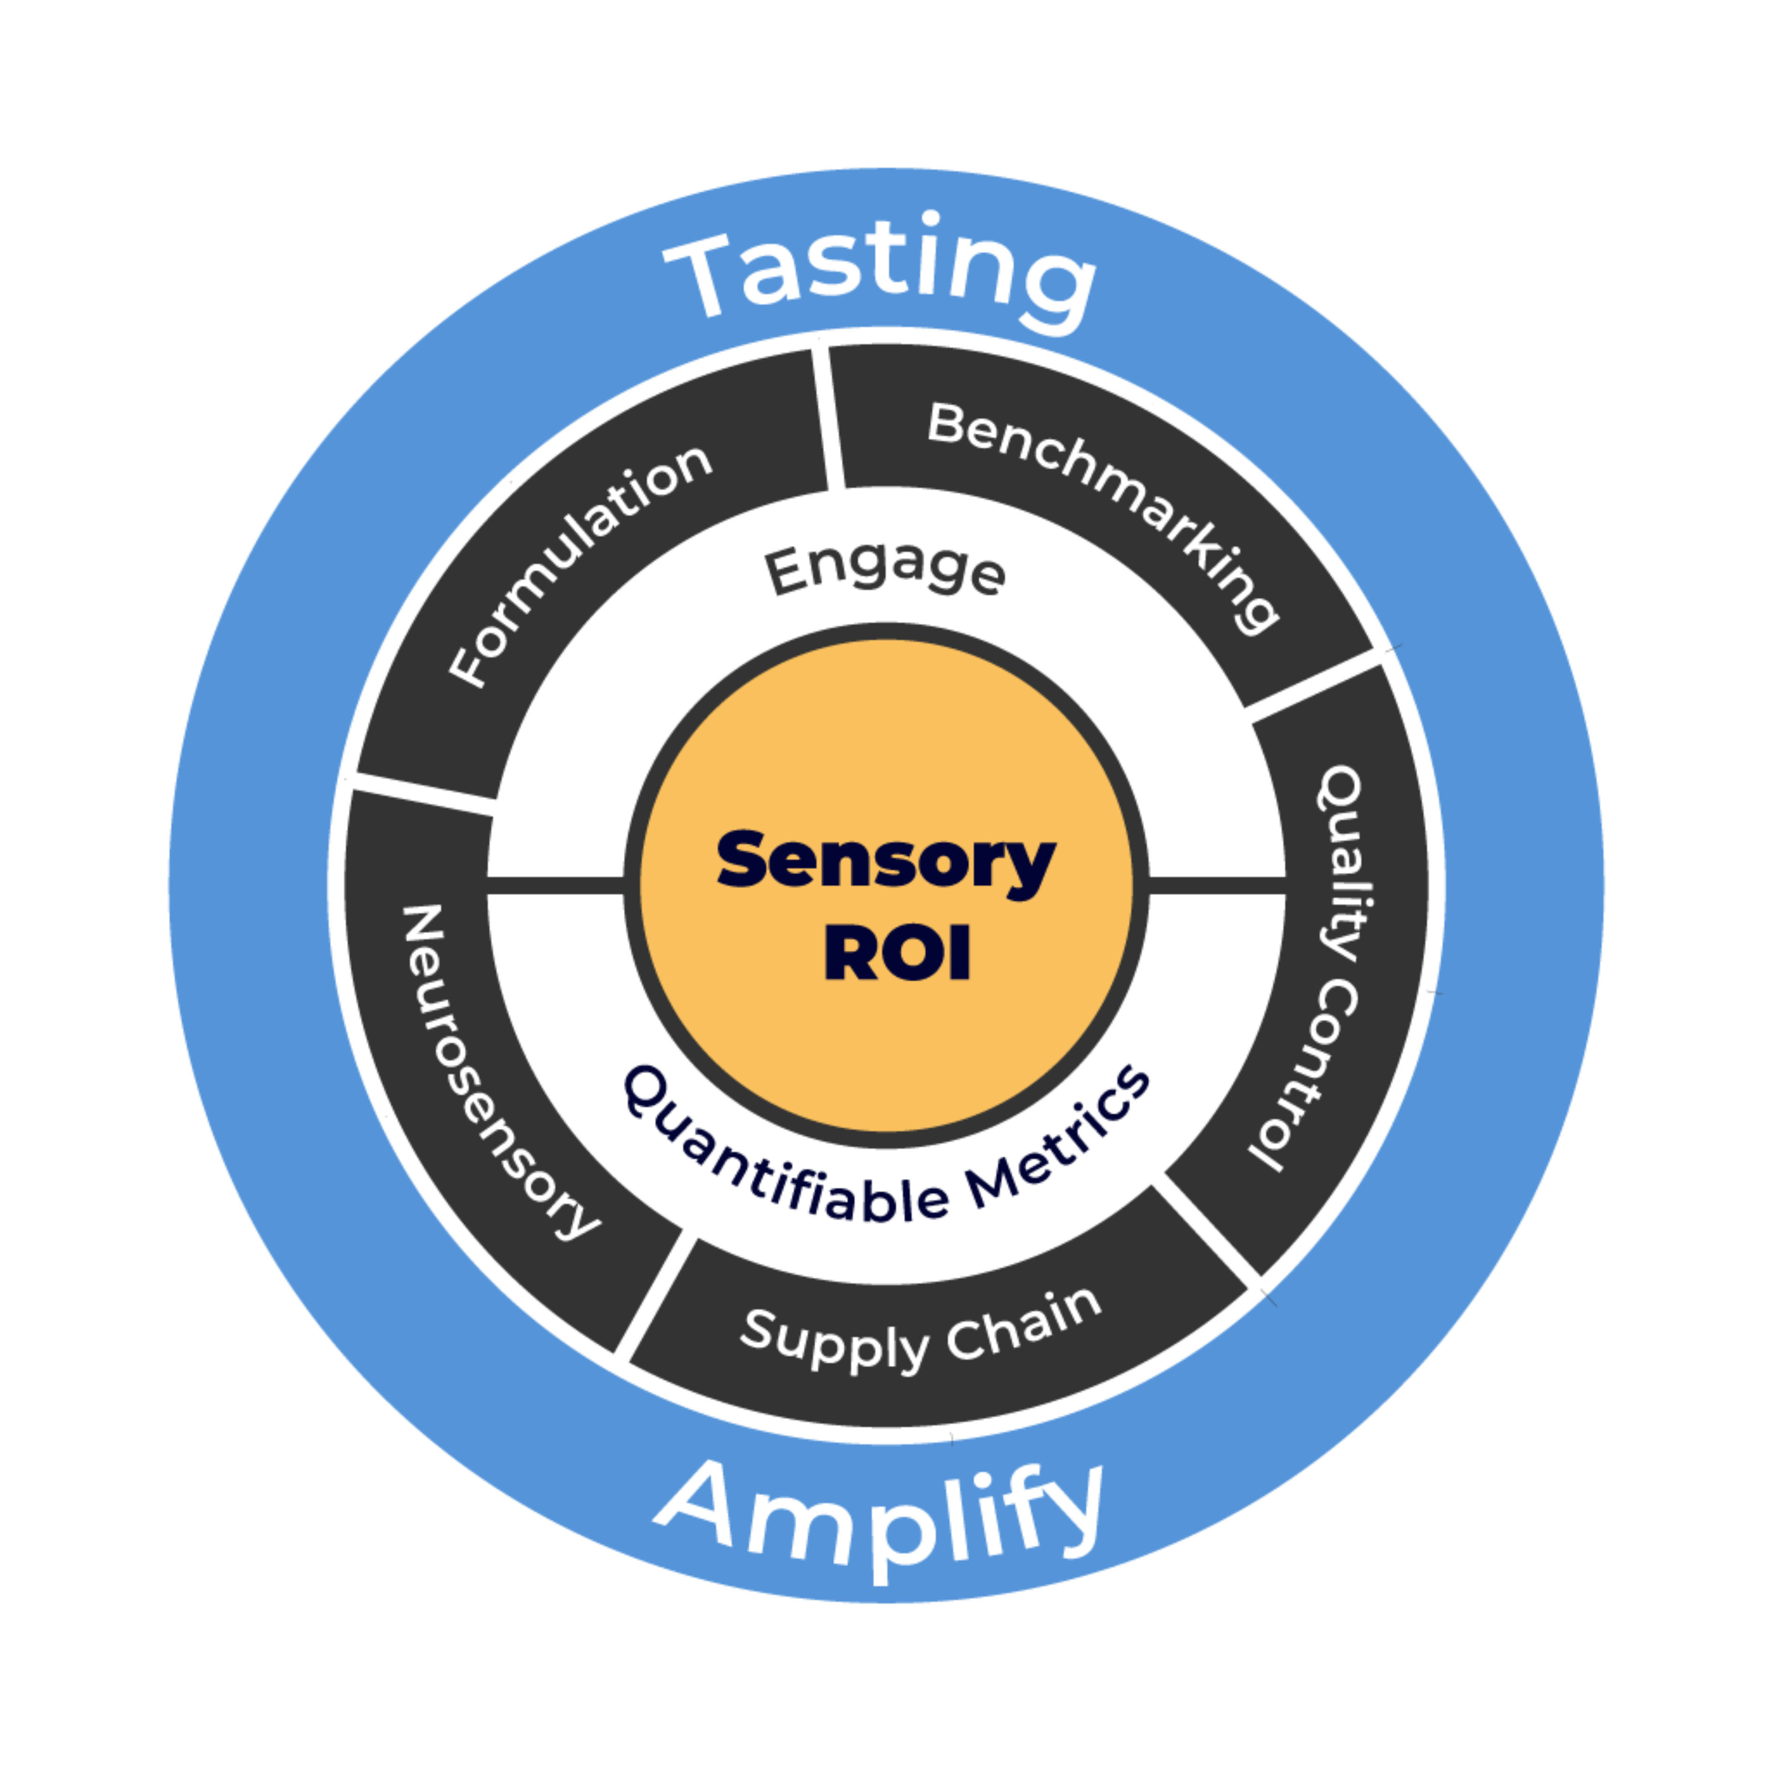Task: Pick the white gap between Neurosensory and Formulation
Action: click(x=422, y=793)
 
